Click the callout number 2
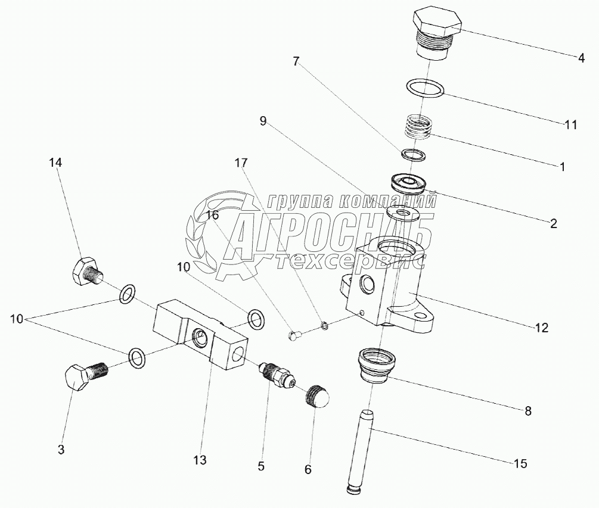click(x=553, y=224)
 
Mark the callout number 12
click(x=541, y=327)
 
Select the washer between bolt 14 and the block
click(x=127, y=294)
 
